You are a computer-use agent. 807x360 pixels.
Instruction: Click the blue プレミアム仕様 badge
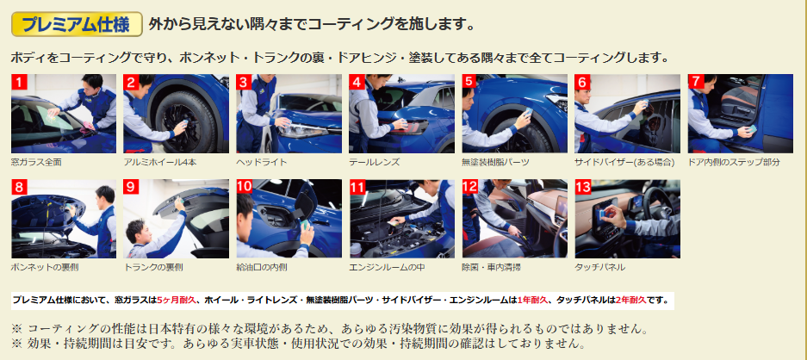pos(77,24)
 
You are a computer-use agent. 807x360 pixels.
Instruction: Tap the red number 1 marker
pos(19,82)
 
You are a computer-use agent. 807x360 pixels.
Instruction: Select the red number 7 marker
pos(696,82)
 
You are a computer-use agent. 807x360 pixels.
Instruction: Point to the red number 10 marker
pos(245,187)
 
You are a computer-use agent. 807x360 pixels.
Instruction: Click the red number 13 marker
pos(583,187)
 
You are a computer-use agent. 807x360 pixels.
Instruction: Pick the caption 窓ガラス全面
pos(36,162)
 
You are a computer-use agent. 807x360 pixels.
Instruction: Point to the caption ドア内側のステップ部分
pos(734,162)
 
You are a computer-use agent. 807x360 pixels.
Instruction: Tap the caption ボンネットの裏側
pos(45,267)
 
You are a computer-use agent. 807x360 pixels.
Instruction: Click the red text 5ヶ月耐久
pos(177,300)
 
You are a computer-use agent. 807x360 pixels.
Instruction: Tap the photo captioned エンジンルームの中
pos(401,219)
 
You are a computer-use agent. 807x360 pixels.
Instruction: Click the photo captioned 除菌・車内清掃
pos(515,219)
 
